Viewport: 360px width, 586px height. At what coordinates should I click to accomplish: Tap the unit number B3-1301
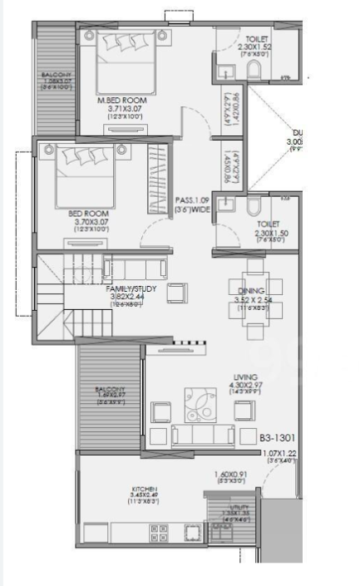[278, 435]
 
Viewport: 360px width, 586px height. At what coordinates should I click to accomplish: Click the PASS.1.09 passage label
[193, 199]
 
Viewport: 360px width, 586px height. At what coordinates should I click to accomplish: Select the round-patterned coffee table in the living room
[200, 405]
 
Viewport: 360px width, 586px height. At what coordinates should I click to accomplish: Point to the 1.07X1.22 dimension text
[279, 454]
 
